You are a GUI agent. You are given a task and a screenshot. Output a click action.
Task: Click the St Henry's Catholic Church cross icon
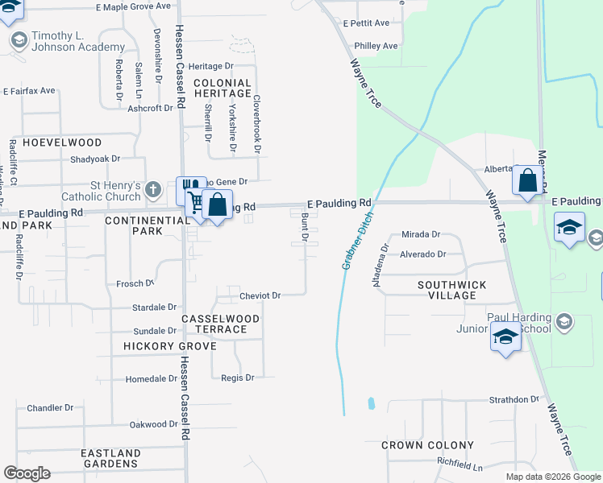tap(154, 191)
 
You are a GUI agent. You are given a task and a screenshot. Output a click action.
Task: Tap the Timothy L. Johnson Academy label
tap(68, 42)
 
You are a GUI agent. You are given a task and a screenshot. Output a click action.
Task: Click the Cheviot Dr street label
tap(260, 296)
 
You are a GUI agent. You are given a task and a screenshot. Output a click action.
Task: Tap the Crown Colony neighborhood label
tap(427, 445)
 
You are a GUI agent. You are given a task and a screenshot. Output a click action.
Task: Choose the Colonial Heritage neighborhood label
tap(222, 89)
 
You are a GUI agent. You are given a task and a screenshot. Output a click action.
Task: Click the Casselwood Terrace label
tap(220, 324)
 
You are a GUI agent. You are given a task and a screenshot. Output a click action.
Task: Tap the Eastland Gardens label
tap(110, 459)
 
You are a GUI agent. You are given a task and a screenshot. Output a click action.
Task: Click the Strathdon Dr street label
tap(514, 399)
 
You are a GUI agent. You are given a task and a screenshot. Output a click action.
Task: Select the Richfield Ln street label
tap(460, 467)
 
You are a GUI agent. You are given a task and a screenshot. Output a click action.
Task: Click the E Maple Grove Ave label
tap(133, 6)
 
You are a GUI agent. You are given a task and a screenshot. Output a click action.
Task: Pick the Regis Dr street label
tap(238, 378)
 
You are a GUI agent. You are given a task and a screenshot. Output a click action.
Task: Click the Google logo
tap(27, 473)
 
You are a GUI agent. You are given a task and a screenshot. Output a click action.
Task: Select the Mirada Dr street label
tap(421, 235)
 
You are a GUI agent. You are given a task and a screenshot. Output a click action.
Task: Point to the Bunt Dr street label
tap(305, 227)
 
